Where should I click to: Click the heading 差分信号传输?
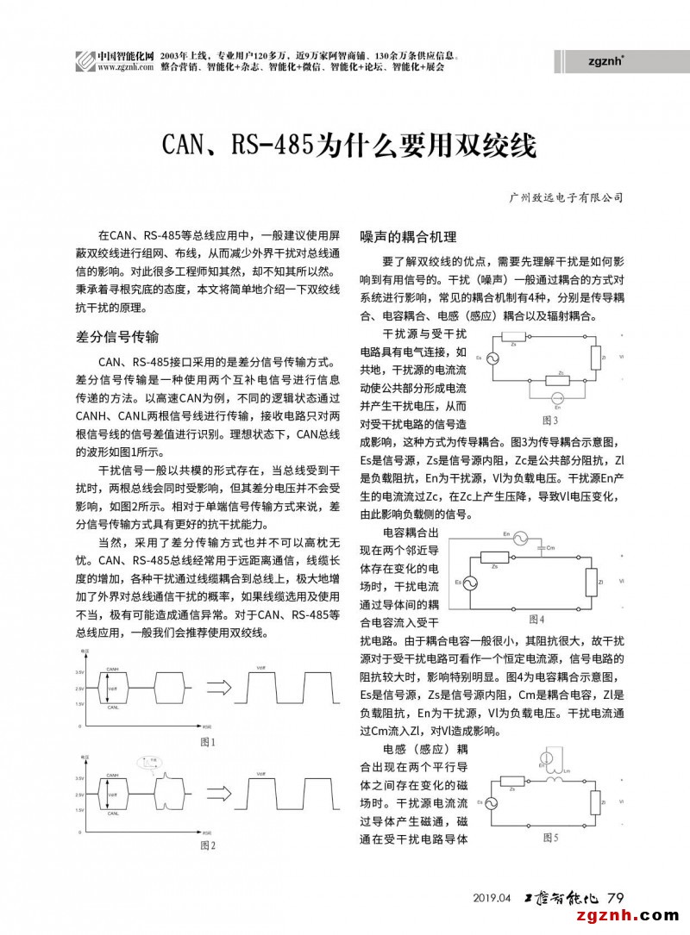[x=118, y=337]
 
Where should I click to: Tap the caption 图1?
[x=207, y=742]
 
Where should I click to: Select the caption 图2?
[x=207, y=845]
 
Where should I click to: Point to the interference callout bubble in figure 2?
[x=153, y=762]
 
